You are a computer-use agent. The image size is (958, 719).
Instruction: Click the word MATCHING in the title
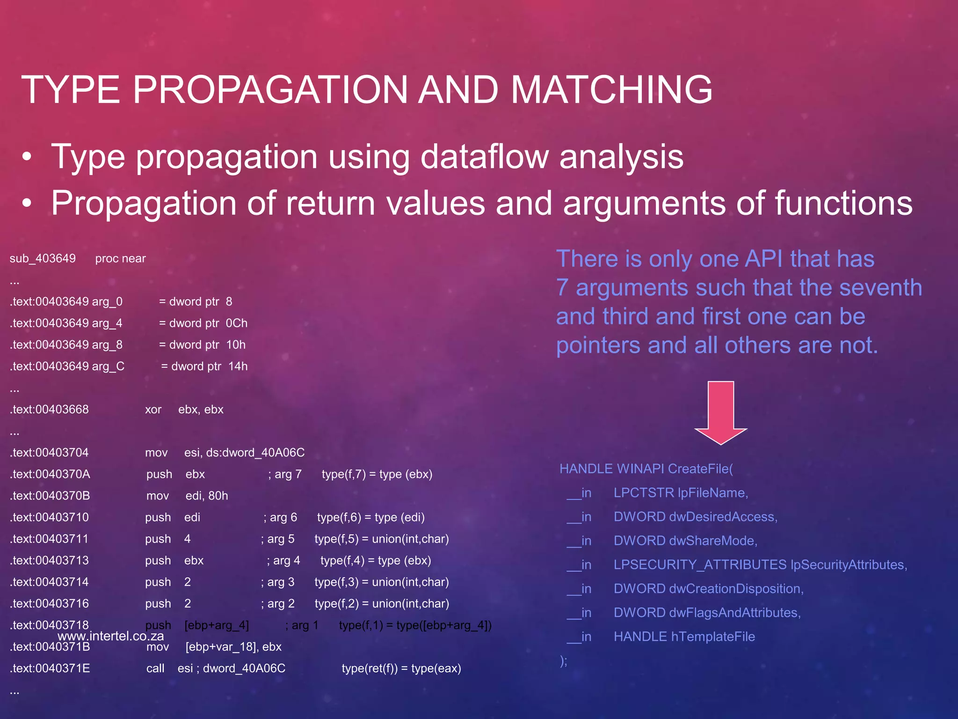tap(611, 89)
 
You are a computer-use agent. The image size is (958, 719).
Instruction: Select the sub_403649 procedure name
tap(43, 258)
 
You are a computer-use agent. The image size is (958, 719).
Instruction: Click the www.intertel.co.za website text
tap(111, 636)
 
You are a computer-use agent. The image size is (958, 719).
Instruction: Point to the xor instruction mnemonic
tap(153, 410)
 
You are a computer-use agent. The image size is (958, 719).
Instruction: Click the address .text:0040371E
tap(50, 668)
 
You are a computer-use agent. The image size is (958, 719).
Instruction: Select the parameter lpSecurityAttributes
tap(848, 565)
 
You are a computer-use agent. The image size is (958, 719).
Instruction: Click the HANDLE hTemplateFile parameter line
tap(684, 637)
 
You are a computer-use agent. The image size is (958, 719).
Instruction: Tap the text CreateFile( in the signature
tap(700, 469)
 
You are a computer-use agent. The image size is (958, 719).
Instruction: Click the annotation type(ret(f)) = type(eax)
tap(401, 668)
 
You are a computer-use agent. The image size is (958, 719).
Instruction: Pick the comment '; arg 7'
tap(285, 474)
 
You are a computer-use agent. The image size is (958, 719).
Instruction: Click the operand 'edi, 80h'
tap(206, 496)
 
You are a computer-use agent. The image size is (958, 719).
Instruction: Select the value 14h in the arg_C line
tap(238, 366)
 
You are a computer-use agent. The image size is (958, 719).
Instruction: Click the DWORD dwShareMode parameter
tap(685, 541)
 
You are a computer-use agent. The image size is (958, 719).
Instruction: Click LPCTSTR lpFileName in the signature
tap(681, 492)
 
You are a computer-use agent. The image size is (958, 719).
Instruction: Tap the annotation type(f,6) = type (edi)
tap(370, 517)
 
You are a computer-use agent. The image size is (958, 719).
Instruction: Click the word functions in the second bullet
tap(843, 203)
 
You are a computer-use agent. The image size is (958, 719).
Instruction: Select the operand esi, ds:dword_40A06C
tap(244, 453)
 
